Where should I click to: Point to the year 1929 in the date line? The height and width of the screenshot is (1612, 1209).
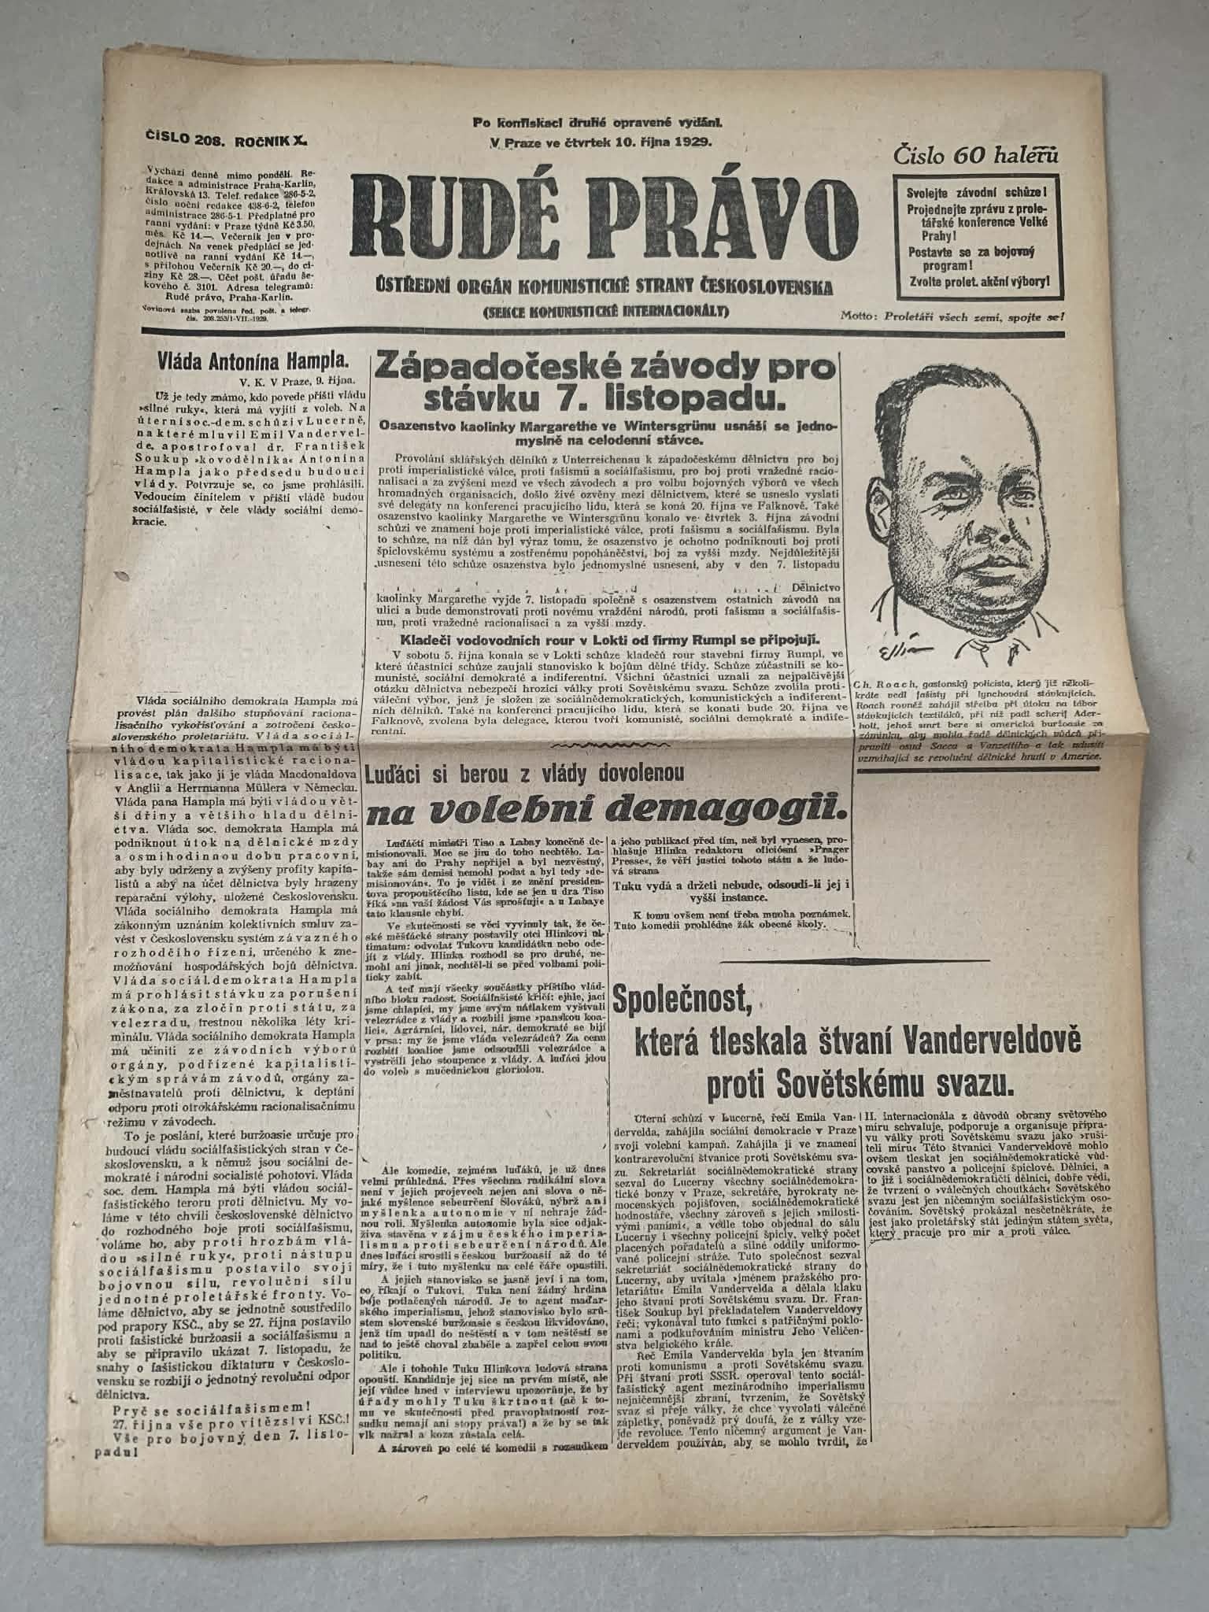pyautogui.click(x=693, y=142)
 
